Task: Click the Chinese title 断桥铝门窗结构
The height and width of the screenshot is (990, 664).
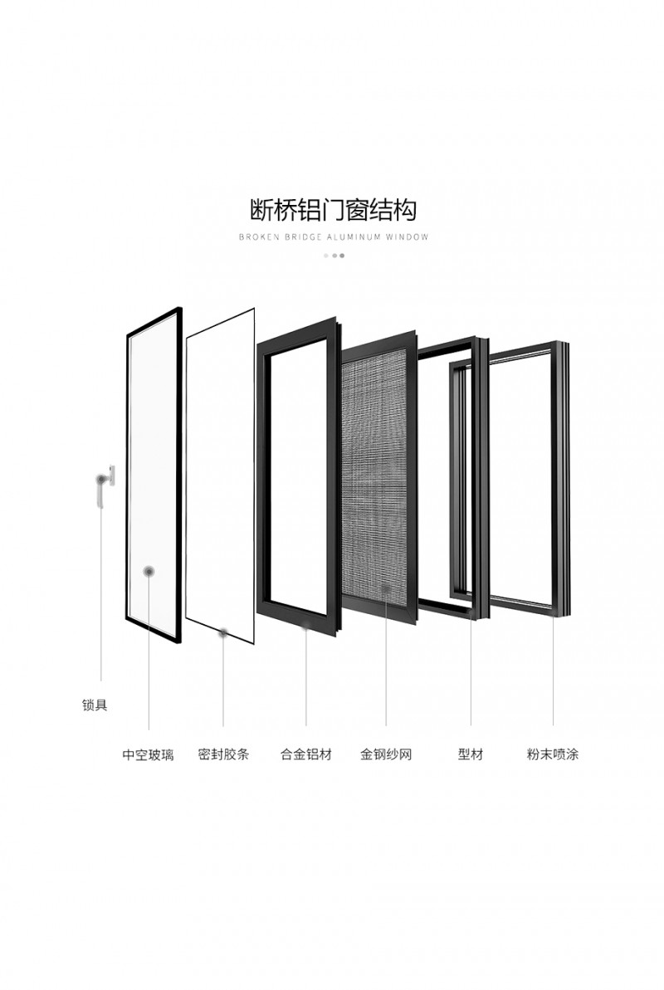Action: [x=333, y=210]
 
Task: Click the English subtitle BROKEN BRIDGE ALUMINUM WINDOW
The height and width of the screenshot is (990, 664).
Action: [x=334, y=237]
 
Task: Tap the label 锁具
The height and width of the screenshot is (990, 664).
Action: [x=95, y=705]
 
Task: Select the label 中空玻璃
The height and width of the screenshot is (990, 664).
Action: [x=148, y=754]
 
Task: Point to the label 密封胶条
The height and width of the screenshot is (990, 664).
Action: [x=223, y=754]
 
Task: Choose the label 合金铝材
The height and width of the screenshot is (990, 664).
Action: [x=306, y=754]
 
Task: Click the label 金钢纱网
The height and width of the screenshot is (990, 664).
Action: [x=386, y=754]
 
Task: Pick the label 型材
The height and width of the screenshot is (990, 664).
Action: [x=471, y=754]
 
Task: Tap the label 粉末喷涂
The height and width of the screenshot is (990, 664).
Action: [x=553, y=754]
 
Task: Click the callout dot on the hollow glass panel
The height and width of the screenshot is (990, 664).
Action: [x=149, y=572]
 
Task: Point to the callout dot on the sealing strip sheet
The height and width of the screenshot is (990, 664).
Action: [x=223, y=632]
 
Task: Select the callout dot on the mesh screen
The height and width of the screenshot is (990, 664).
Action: [x=386, y=588]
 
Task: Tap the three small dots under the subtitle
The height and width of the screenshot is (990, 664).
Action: [x=334, y=256]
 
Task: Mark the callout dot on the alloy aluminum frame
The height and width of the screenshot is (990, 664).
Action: [x=306, y=626]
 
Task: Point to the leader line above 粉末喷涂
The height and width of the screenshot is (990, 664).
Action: [x=554, y=671]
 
